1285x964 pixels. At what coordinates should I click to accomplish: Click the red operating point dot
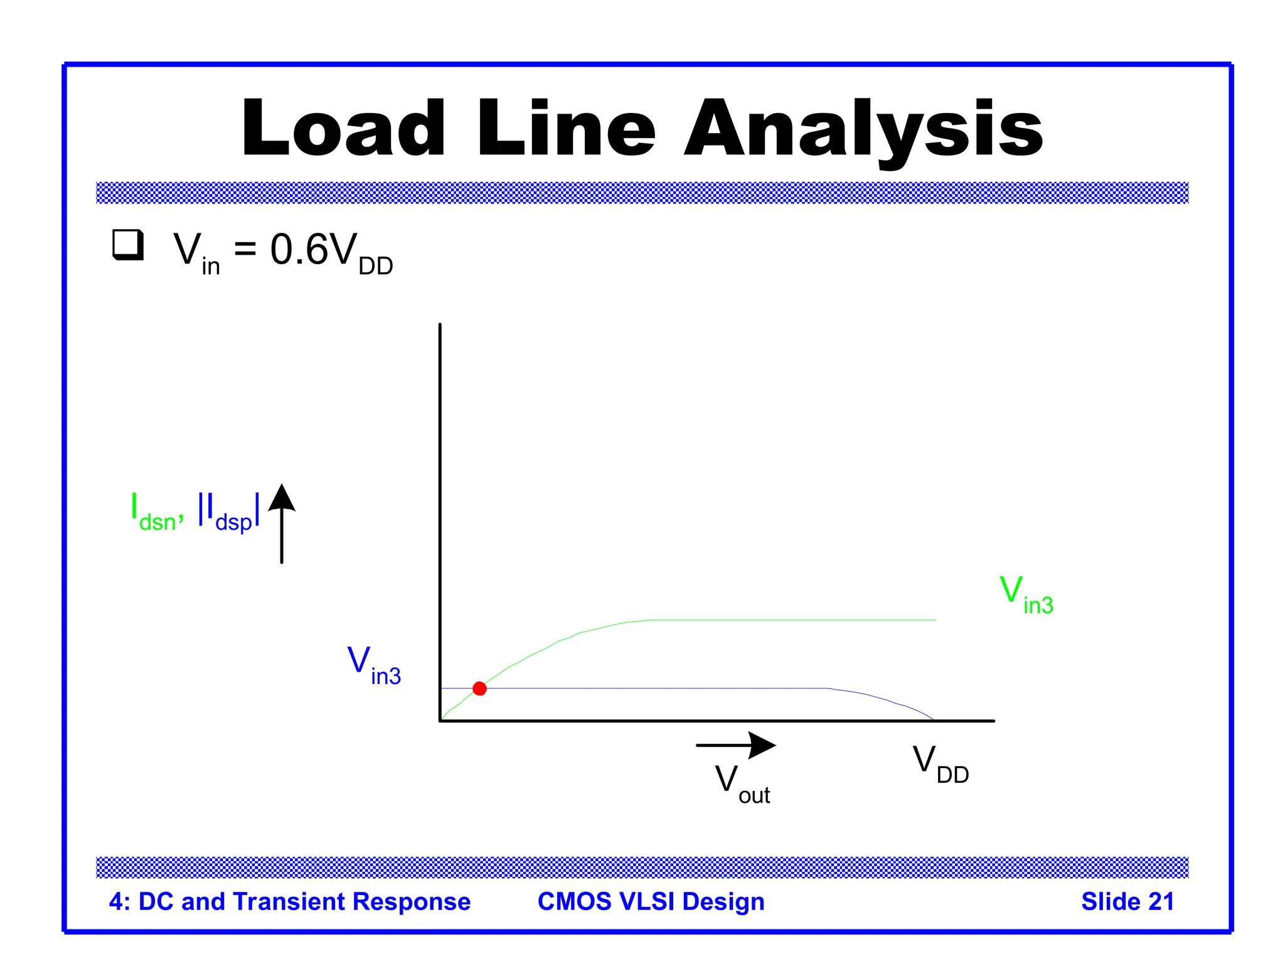tap(479, 688)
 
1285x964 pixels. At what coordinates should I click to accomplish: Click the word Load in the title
tap(344, 129)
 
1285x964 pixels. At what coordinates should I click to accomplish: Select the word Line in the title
tap(566, 129)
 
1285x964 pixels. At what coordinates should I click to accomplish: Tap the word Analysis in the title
tap(863, 129)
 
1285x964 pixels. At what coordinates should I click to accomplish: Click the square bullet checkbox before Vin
tap(128, 245)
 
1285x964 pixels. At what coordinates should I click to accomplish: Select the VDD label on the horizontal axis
tap(940, 764)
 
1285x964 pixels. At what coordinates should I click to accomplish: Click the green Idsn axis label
tap(156, 511)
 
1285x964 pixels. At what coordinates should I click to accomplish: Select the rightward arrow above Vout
tap(735, 745)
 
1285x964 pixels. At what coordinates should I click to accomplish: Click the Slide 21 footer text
tap(1128, 901)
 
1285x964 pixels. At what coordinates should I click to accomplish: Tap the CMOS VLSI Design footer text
tap(651, 901)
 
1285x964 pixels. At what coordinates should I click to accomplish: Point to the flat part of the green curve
tap(791, 620)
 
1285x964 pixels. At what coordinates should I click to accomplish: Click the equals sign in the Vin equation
tap(245, 249)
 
